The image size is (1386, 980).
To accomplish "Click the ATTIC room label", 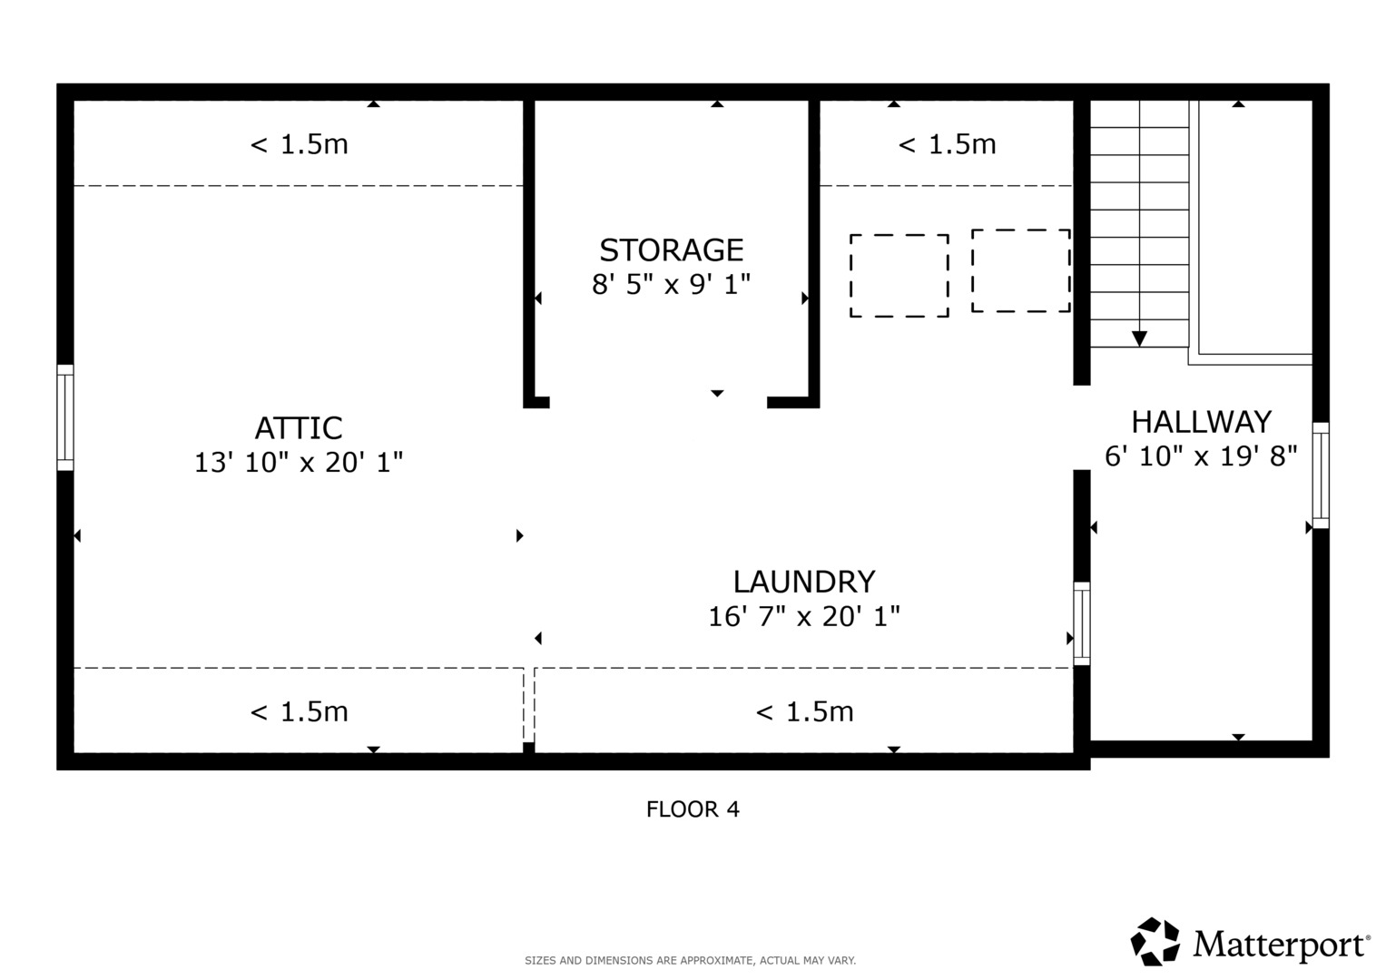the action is pyautogui.click(x=299, y=428).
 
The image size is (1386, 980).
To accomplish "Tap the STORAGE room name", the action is pyautogui.click(x=672, y=250).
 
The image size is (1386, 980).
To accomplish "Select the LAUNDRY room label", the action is pyautogui.click(x=804, y=582).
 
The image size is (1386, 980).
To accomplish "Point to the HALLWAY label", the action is pyautogui.click(x=1202, y=423).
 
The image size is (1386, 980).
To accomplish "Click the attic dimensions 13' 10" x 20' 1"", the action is pyautogui.click(x=299, y=462).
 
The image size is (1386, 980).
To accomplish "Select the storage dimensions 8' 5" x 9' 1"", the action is pyautogui.click(x=672, y=285).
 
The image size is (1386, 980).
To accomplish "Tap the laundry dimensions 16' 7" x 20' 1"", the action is pyautogui.click(x=804, y=616).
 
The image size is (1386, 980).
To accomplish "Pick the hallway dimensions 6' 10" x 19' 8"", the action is pyautogui.click(x=1202, y=456).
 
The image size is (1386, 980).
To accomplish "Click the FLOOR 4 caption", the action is pyautogui.click(x=693, y=809).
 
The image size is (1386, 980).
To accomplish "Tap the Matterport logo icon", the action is pyautogui.click(x=1155, y=942).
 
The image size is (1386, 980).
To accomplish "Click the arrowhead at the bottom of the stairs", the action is pyautogui.click(x=1140, y=338).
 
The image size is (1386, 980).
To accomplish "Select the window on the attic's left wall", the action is pyautogui.click(x=65, y=417).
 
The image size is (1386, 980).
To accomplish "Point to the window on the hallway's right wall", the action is pyautogui.click(x=1321, y=475).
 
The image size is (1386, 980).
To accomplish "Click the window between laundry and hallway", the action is pyautogui.click(x=1082, y=623).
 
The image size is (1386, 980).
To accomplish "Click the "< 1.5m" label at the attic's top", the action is pyautogui.click(x=299, y=145).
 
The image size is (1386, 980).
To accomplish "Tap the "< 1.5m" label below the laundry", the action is pyautogui.click(x=804, y=712).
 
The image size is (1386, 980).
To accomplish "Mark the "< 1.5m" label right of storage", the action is pyautogui.click(x=948, y=145).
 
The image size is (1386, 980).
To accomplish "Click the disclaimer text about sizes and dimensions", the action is pyautogui.click(x=691, y=961).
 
